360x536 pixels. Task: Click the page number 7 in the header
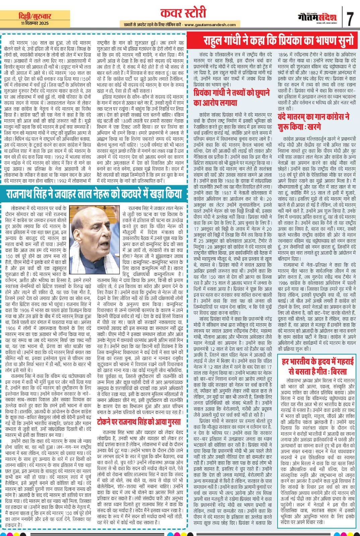(x=350, y=19)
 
